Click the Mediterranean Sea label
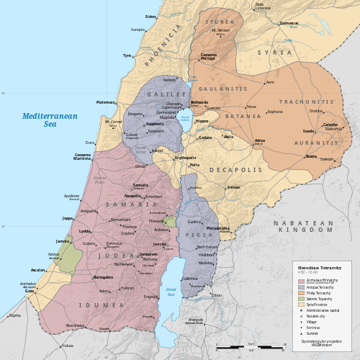48,120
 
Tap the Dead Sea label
171,292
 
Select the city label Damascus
289,23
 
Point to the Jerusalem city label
148,254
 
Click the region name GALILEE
162,94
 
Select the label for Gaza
30,291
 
